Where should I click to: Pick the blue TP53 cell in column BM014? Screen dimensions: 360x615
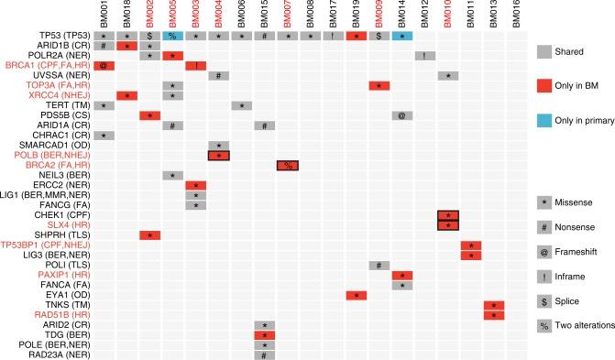pos(401,35)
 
